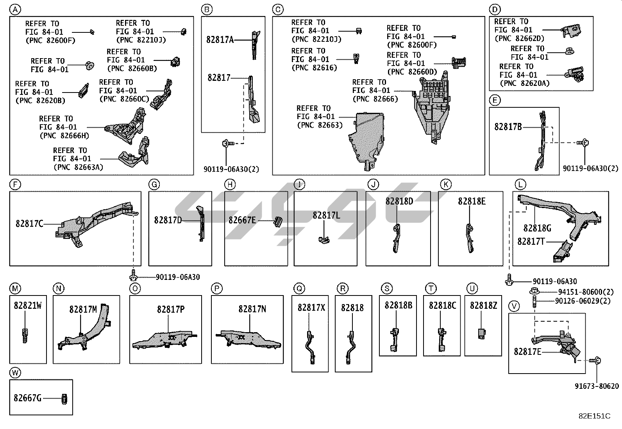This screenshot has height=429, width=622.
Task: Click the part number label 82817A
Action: coord(220,39)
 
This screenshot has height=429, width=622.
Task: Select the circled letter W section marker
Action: coord(15,373)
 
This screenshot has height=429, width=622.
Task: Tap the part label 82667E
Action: coord(242,221)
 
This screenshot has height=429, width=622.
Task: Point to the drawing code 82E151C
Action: coord(594,416)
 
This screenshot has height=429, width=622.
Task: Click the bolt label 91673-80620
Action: coord(597,386)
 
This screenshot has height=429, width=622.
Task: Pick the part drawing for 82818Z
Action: coord(482,333)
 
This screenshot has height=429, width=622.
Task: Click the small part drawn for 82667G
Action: coord(64,399)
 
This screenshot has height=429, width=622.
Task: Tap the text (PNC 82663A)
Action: coord(78,167)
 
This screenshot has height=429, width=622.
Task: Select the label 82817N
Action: coord(252,309)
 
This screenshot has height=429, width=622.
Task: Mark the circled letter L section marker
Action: coord(520,184)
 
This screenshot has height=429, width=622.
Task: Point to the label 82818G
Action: coord(537,228)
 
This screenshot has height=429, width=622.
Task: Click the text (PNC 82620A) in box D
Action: coord(524,83)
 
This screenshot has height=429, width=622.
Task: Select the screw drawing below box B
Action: coord(227,144)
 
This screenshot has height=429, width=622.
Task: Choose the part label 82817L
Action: coord(326,215)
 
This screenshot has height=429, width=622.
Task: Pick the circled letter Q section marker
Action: coord(299,288)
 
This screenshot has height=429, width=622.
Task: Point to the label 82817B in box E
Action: coord(508,127)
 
